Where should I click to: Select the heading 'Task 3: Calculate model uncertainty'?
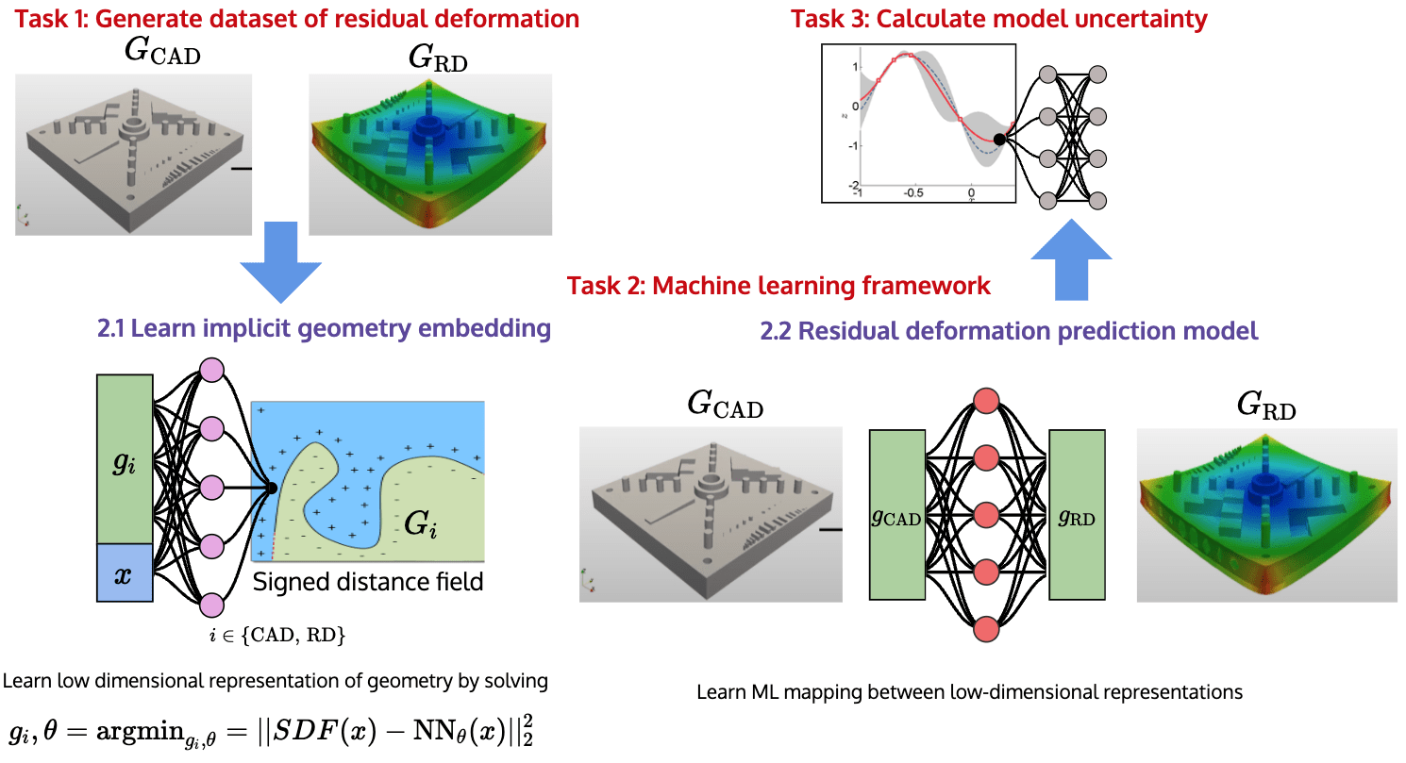(998, 17)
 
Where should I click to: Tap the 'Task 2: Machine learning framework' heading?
(778, 285)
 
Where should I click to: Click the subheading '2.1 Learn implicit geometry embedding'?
(323, 328)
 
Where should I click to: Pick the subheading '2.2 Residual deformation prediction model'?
(1009, 331)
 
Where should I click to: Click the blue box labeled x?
(124, 572)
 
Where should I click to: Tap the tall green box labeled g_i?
(124, 458)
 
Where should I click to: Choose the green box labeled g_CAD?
(896, 515)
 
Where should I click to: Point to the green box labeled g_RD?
(1078, 515)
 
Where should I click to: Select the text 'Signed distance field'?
(368, 581)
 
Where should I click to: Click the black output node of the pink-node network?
(272, 488)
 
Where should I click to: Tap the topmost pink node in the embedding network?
(210, 369)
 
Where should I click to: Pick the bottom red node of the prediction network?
(986, 628)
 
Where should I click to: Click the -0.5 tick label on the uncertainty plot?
(913, 192)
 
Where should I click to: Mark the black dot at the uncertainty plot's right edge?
(999, 140)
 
